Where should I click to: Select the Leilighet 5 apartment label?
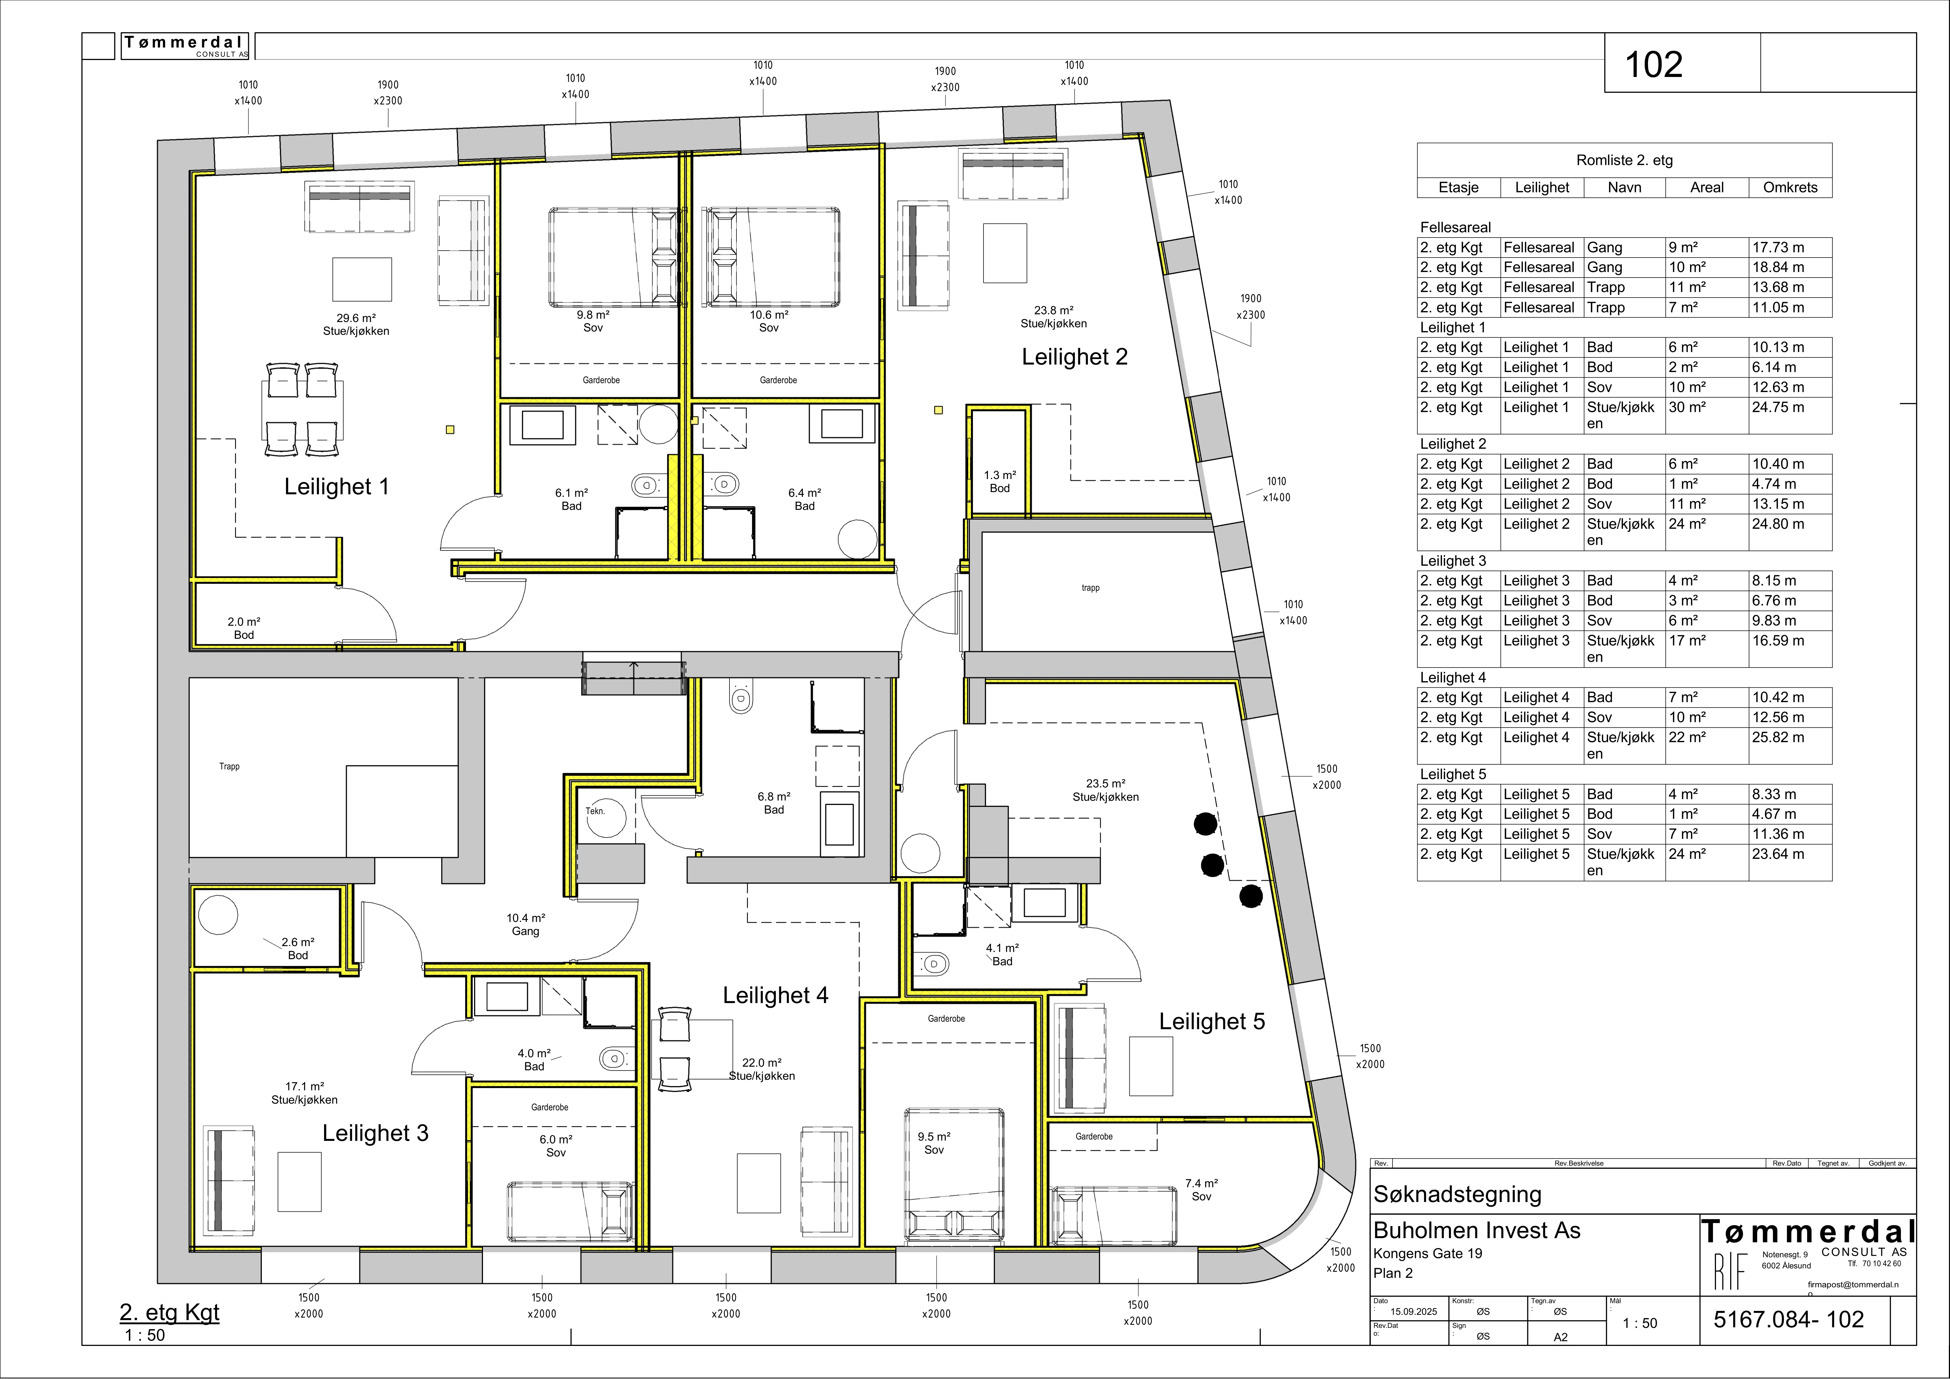point(1212,1021)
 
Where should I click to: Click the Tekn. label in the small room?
point(595,811)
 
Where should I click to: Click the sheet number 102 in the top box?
point(1653,64)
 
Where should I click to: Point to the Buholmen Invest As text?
point(1477,1230)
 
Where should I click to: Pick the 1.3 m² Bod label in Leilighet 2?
point(1000,482)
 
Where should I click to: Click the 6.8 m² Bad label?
point(774,803)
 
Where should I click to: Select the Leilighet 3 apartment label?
point(375,1133)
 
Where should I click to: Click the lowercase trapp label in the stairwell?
point(1090,588)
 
